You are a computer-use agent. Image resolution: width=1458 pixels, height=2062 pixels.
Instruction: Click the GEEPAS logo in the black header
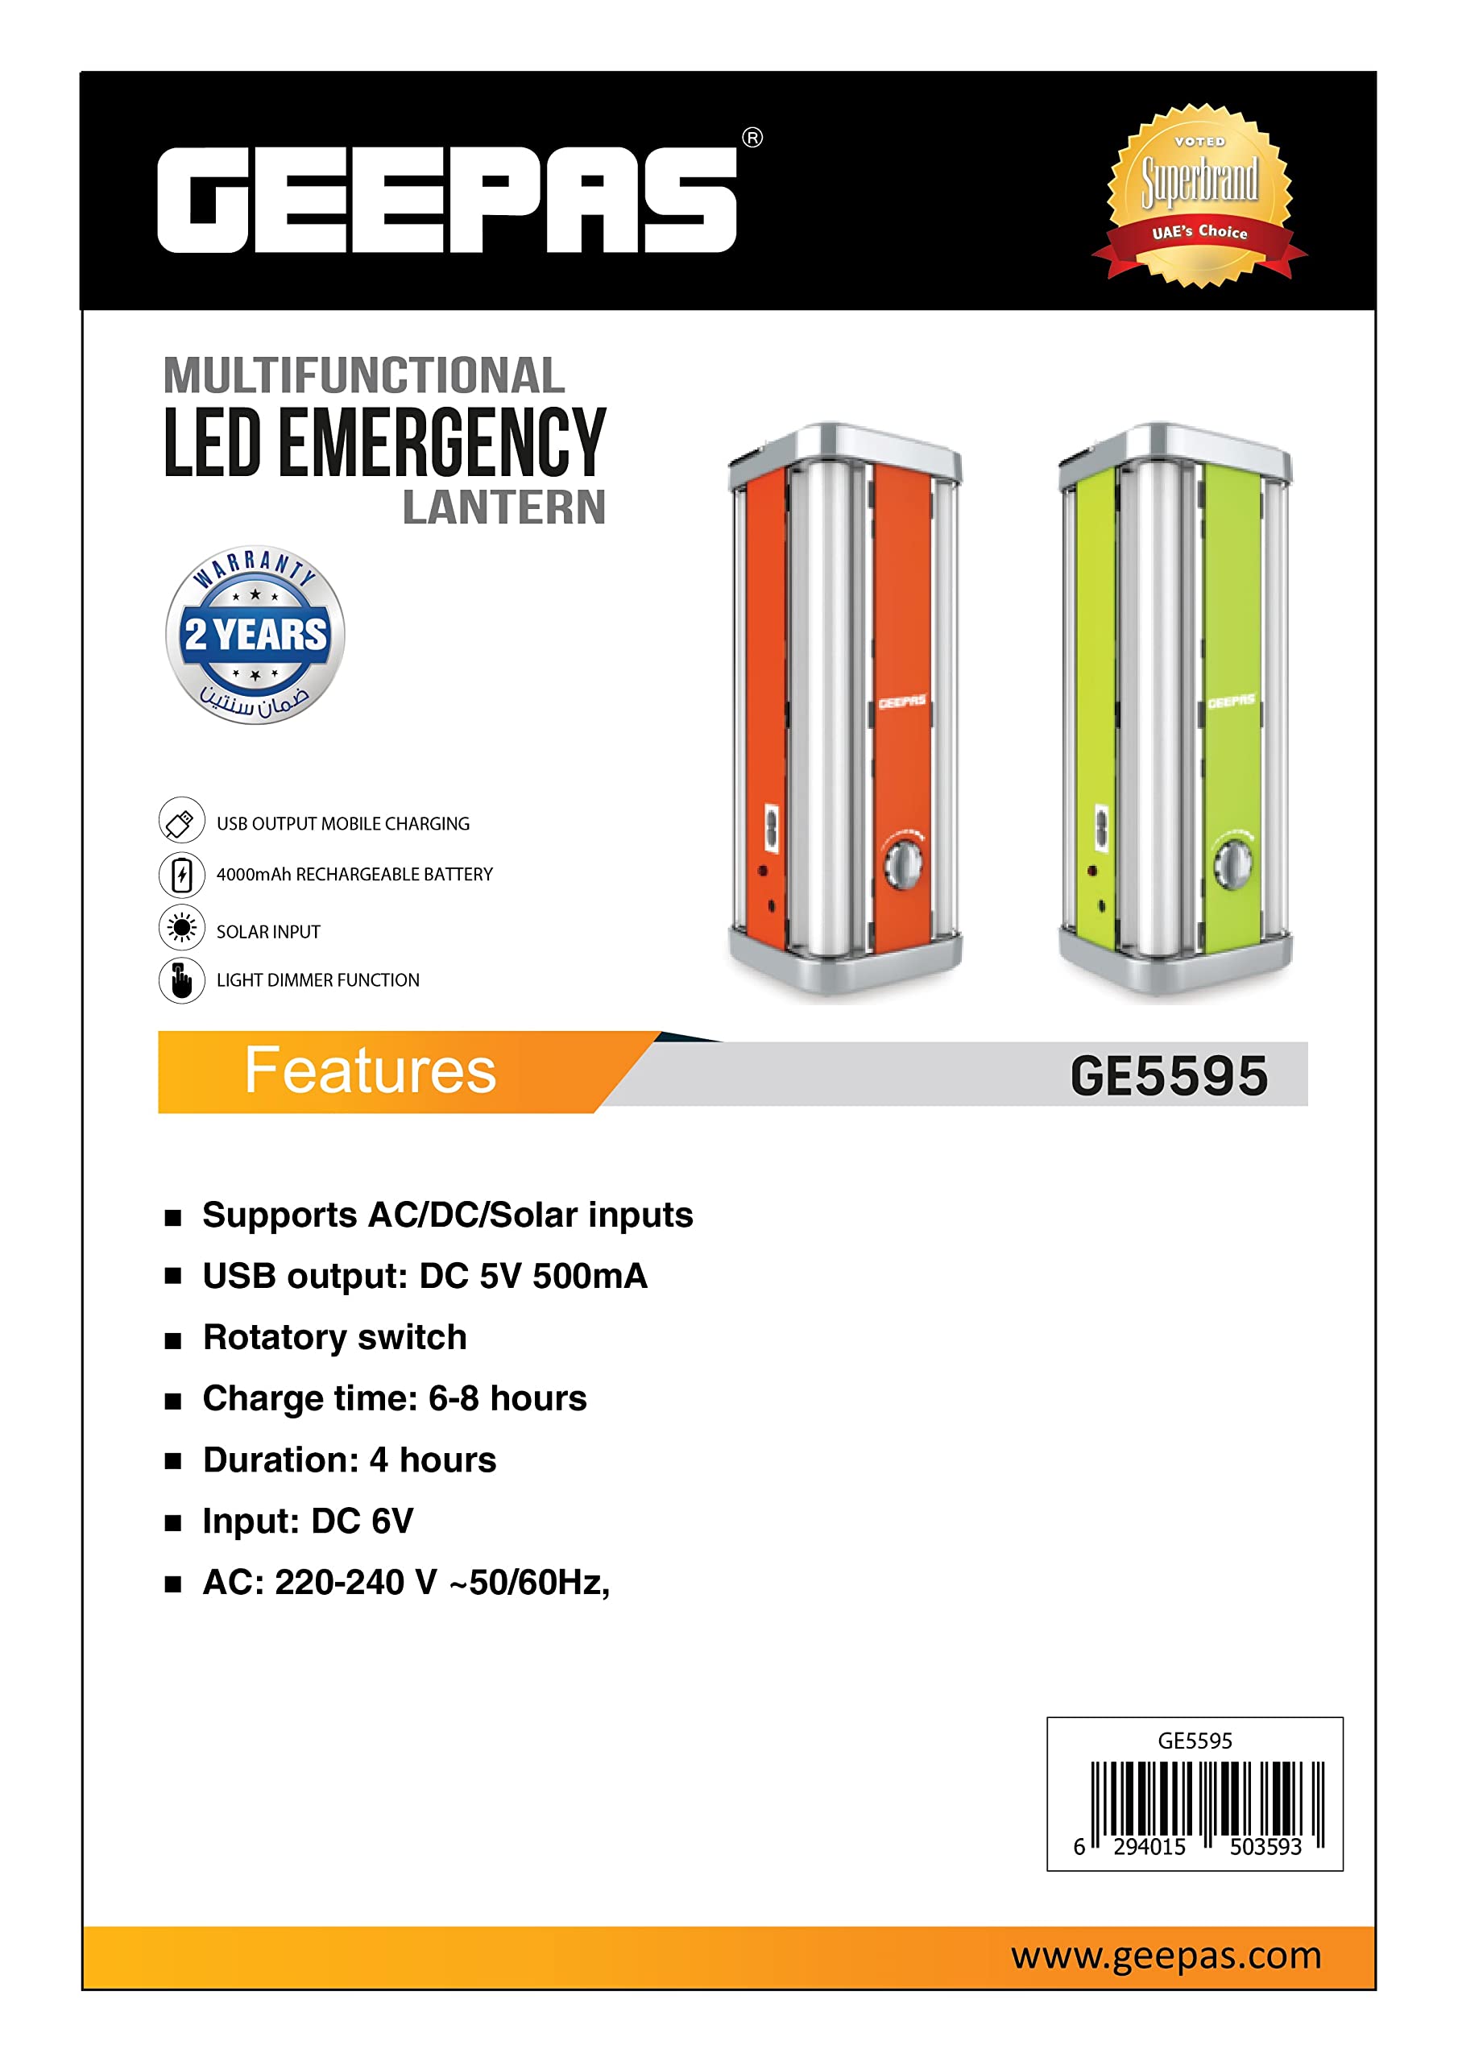pyautogui.click(x=446, y=200)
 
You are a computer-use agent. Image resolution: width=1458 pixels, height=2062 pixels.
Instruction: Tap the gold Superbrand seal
pyautogui.click(x=1199, y=195)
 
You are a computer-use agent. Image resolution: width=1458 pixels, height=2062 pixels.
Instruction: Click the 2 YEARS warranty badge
pyautogui.click(x=255, y=635)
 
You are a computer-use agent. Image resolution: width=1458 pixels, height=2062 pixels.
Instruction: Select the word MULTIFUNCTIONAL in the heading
pyautogui.click(x=364, y=375)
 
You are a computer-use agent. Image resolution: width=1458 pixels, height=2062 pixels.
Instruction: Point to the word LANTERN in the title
pyautogui.click(x=504, y=507)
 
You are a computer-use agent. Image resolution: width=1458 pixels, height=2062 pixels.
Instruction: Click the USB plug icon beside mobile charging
pyautogui.click(x=181, y=820)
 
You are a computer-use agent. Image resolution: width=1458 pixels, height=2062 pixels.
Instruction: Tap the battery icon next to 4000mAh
pyautogui.click(x=181, y=874)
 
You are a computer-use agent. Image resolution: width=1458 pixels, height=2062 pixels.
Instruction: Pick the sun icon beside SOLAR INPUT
pyautogui.click(x=181, y=928)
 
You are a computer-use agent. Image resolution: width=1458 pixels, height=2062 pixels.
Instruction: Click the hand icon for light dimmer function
pyautogui.click(x=181, y=979)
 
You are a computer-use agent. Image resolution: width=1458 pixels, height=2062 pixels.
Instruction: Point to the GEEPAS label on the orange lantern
pyautogui.click(x=901, y=702)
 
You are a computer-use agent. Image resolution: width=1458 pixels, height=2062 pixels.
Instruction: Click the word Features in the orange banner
pyautogui.click(x=369, y=1070)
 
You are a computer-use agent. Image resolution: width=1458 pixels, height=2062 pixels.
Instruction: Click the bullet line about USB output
pyautogui.click(x=424, y=1276)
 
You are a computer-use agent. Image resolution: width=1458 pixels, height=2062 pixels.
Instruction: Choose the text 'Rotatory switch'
pyautogui.click(x=334, y=1337)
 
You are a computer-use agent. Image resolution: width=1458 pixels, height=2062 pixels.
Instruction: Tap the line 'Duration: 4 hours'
pyautogui.click(x=349, y=1460)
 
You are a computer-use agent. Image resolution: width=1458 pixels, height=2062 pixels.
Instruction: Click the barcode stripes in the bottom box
pyautogui.click(x=1207, y=1799)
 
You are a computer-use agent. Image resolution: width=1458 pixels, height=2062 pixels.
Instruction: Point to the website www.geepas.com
pyautogui.click(x=1165, y=1955)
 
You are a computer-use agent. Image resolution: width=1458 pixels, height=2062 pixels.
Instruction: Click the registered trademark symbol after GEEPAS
pyautogui.click(x=752, y=138)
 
